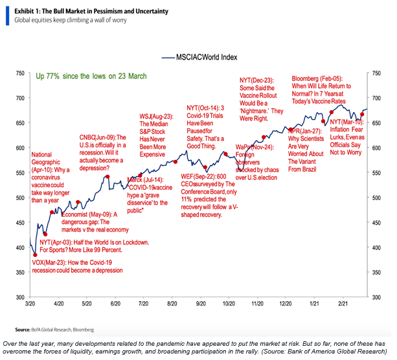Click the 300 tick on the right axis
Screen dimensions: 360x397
coord(376,297)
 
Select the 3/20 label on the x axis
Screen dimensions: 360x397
coord(30,303)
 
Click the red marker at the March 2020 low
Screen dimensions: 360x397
coord(35,255)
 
